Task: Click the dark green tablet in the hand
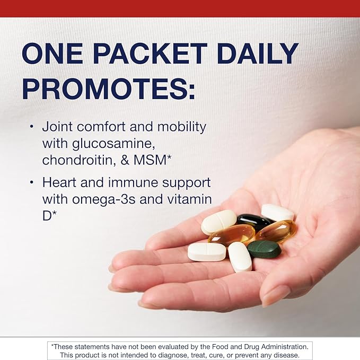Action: click(x=265, y=249)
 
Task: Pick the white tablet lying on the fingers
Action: click(x=206, y=252)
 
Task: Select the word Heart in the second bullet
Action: click(x=59, y=183)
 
